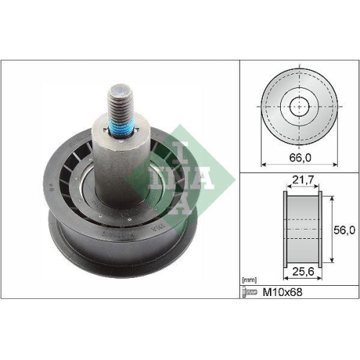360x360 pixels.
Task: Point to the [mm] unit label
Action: [x=250, y=278]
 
